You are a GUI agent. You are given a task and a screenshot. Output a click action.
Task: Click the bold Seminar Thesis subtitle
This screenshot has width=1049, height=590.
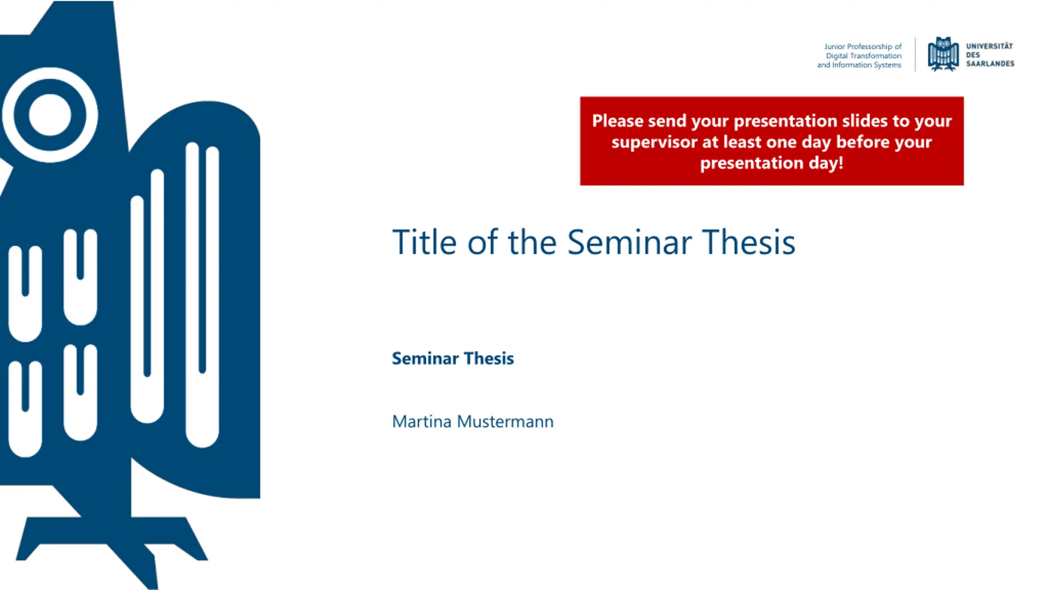453,358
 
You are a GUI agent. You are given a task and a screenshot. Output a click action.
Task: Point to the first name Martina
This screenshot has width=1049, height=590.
422,421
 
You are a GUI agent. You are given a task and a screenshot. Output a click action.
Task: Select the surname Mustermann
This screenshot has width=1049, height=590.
505,421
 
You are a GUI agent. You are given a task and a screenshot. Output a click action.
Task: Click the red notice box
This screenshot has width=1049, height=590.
772,141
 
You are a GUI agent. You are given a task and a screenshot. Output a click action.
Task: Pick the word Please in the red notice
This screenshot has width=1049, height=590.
618,121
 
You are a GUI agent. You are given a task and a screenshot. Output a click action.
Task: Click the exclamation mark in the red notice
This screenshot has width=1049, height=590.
841,163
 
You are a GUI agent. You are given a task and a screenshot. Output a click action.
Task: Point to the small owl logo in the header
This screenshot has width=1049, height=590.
943,54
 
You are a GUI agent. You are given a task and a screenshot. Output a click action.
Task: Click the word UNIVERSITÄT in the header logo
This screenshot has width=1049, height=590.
990,46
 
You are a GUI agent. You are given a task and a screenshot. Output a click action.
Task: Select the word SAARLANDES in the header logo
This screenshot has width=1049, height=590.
990,64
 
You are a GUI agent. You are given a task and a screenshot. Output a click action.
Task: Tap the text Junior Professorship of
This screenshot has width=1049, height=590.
863,46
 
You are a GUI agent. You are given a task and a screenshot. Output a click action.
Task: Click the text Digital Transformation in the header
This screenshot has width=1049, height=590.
864,56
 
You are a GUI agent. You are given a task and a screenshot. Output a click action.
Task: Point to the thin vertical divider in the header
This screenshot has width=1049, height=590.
915,54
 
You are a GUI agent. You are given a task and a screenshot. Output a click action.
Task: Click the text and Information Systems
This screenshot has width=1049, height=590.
859,65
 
